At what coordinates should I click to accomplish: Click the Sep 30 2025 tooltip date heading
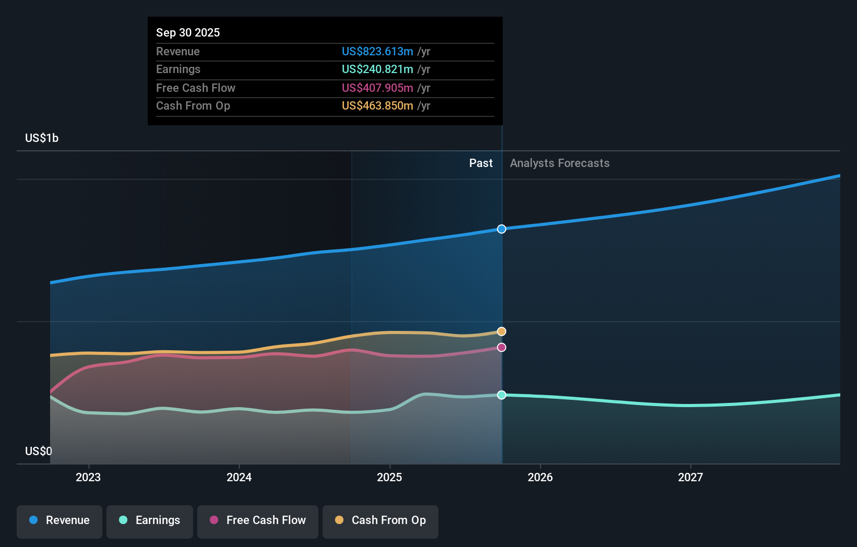(x=188, y=32)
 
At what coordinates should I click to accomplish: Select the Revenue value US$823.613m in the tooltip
(x=377, y=51)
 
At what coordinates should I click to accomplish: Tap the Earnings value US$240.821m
(x=377, y=69)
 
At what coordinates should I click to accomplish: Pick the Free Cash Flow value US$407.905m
(x=377, y=88)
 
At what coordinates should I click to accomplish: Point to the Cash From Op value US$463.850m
(x=377, y=105)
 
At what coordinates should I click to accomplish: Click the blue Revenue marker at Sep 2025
(x=502, y=229)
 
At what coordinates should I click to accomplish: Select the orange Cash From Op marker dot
(x=502, y=331)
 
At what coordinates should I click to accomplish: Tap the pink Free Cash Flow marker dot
(x=502, y=348)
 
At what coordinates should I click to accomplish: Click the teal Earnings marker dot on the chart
(x=502, y=395)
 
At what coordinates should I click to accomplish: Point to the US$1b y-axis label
(x=42, y=138)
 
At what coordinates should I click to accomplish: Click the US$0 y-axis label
(x=39, y=451)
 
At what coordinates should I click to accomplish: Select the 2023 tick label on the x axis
(x=88, y=477)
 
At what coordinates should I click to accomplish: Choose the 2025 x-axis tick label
(x=389, y=477)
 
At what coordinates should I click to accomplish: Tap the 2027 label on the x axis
(x=690, y=477)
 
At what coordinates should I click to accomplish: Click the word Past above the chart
(x=481, y=163)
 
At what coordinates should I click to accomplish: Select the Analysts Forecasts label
(x=560, y=163)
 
